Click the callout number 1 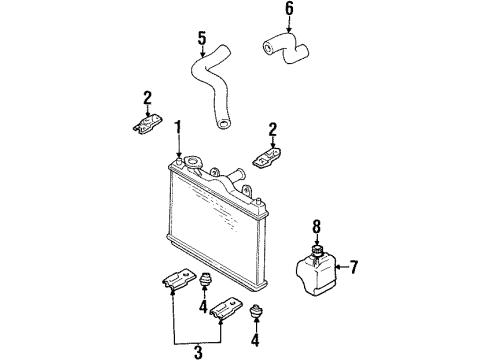click(179, 128)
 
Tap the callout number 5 click(202, 38)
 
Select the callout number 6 click(289, 9)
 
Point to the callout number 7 click(354, 267)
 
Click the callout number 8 click(316, 227)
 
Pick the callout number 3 click(198, 352)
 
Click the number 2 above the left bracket click(147, 98)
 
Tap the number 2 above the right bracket click(273, 130)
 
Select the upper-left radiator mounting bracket click(147, 124)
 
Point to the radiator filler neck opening click(193, 162)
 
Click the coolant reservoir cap click(317, 250)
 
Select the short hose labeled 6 click(287, 48)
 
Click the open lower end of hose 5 click(223, 125)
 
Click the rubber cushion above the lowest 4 click(256, 311)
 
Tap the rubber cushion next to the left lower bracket click(205, 279)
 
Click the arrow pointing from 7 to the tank click(342, 267)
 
